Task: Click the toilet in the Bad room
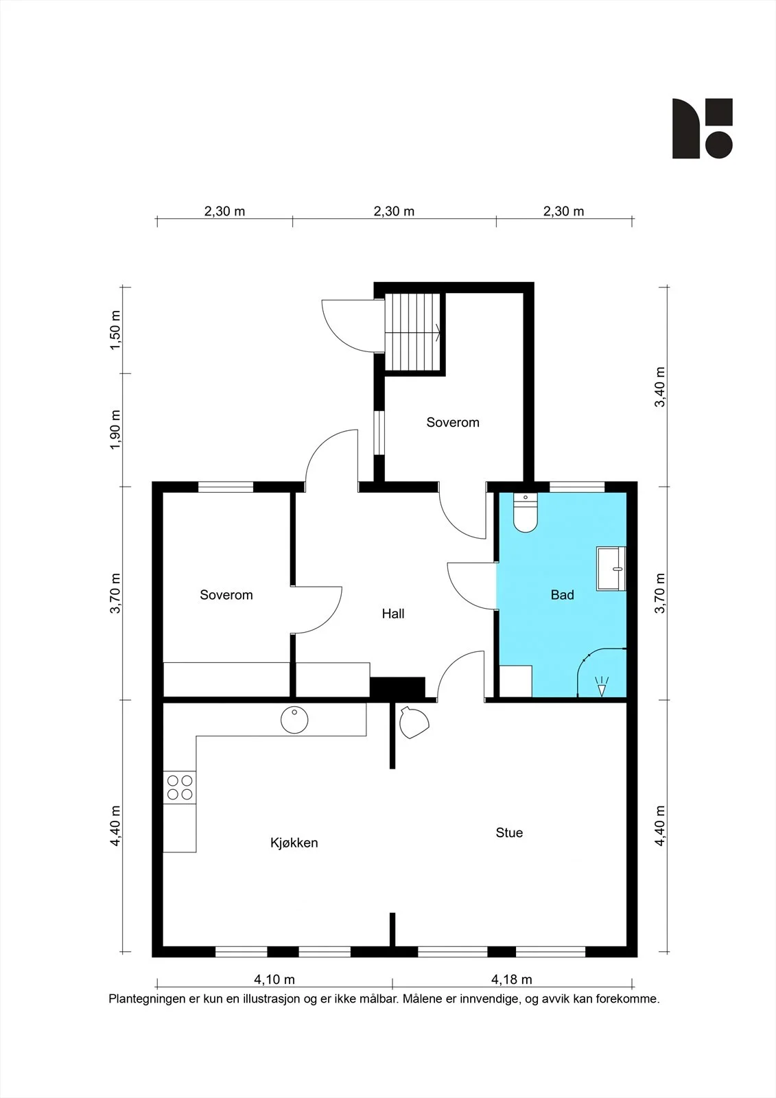(x=526, y=512)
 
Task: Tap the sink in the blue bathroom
(x=611, y=569)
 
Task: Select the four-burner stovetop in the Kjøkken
(x=180, y=787)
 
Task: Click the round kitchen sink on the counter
(x=294, y=720)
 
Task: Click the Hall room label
(x=393, y=614)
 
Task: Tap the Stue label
(x=509, y=832)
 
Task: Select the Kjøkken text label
(x=294, y=843)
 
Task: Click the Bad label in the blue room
(x=562, y=594)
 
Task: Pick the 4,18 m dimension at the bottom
(x=511, y=979)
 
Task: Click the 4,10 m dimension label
(x=274, y=979)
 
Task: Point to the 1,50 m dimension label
(x=115, y=330)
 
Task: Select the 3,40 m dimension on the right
(x=660, y=387)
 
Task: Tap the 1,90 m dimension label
(x=115, y=430)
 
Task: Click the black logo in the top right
(x=703, y=128)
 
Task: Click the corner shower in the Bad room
(x=602, y=673)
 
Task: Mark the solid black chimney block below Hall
(x=397, y=687)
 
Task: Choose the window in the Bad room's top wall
(x=577, y=487)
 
